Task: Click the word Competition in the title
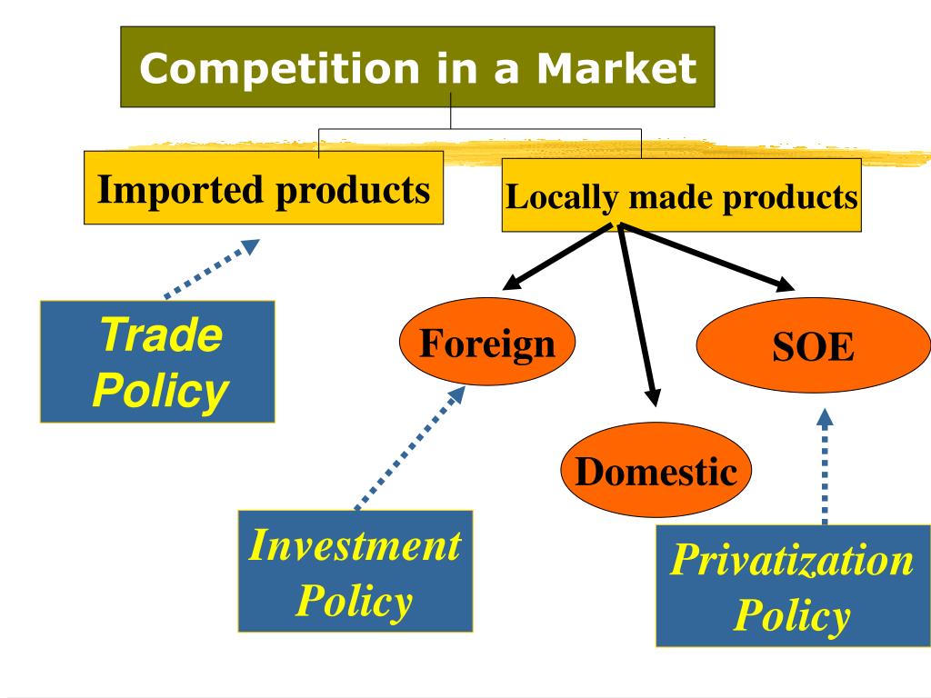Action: coord(279,68)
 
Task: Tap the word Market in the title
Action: coord(616,67)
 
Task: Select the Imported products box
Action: coord(264,187)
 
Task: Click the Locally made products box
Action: coord(682,194)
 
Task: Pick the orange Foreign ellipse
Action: coord(487,342)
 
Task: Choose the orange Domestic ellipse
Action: coord(656,470)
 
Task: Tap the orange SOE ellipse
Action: coord(813,344)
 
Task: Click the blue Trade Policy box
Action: coord(157,362)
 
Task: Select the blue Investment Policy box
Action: coord(355,571)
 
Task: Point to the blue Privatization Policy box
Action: coord(793,586)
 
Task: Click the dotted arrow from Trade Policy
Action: coord(212,268)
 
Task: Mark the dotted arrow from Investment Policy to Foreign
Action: coord(410,447)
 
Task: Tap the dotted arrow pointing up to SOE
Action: coord(824,466)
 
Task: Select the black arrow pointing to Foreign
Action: coord(557,256)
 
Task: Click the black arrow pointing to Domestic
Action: coord(636,315)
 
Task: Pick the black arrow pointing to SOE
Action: coord(706,257)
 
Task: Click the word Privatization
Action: coord(792,559)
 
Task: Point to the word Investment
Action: coord(355,545)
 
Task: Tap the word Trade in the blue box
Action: coord(162,334)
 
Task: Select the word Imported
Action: coord(180,191)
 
